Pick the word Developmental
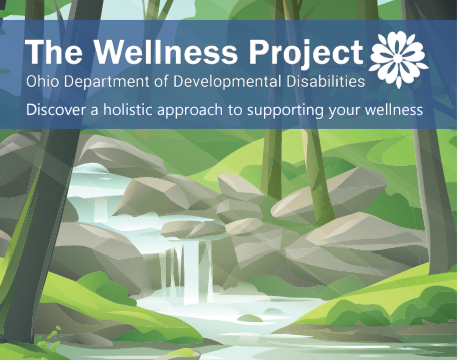(213, 80)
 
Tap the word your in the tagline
(349, 109)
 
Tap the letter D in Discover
(32, 108)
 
